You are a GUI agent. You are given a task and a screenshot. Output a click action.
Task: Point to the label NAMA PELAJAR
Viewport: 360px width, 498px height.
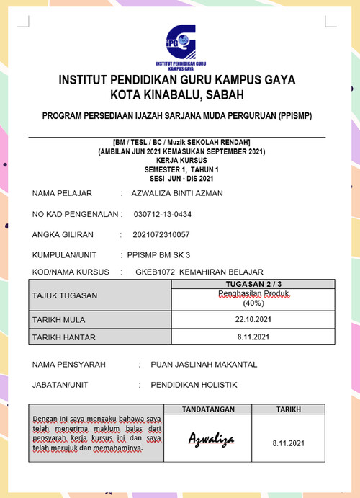click(x=62, y=194)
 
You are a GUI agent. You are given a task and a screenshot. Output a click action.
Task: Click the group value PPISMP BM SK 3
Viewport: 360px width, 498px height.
click(x=159, y=254)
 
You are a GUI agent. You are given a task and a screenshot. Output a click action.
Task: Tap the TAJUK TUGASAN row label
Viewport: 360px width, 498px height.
click(x=65, y=296)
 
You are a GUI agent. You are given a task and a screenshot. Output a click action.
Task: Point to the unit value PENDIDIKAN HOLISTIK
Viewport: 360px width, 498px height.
click(x=194, y=385)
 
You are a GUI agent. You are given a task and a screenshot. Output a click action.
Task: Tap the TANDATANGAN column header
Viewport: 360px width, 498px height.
click(x=208, y=409)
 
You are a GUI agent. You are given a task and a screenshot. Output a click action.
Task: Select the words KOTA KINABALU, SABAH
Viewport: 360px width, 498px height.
click(x=177, y=94)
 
